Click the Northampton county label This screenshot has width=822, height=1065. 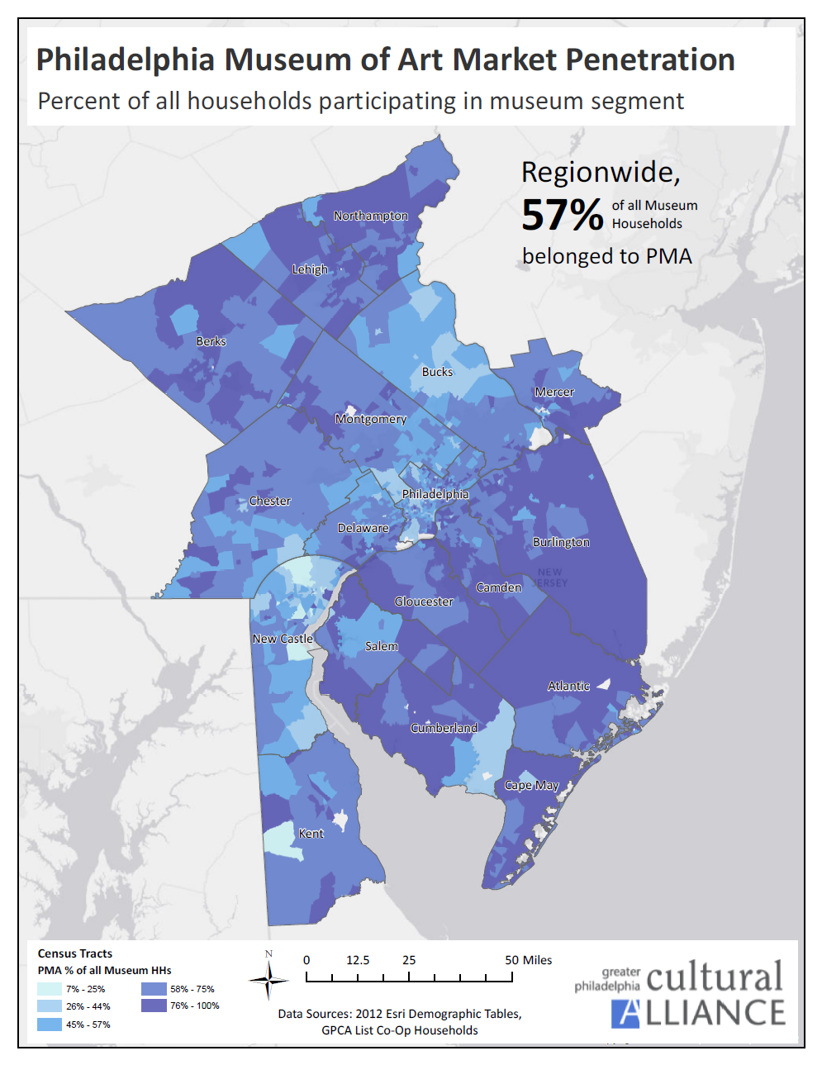pos(370,216)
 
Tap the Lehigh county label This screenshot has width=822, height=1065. pos(310,269)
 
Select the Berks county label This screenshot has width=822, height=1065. pos(211,341)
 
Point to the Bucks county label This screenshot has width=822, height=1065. pos(437,372)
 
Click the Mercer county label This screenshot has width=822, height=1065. pos(554,392)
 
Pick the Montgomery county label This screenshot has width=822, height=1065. pos(370,419)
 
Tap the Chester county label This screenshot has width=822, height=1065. pos(269,501)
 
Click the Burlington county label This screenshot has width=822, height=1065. pos(561,542)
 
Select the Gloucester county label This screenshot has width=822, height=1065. pos(423,601)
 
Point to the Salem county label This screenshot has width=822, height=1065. pos(381,646)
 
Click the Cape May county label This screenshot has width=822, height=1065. pos(531,785)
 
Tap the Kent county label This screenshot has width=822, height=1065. pos(311,834)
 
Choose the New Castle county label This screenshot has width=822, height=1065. pos(283,639)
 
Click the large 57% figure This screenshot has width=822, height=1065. pos(562,215)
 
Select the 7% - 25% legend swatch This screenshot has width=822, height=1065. pos(50,989)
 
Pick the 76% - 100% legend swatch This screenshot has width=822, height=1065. pos(154,1006)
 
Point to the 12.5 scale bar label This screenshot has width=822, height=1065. pos(358,960)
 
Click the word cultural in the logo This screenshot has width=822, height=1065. pos(714,977)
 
